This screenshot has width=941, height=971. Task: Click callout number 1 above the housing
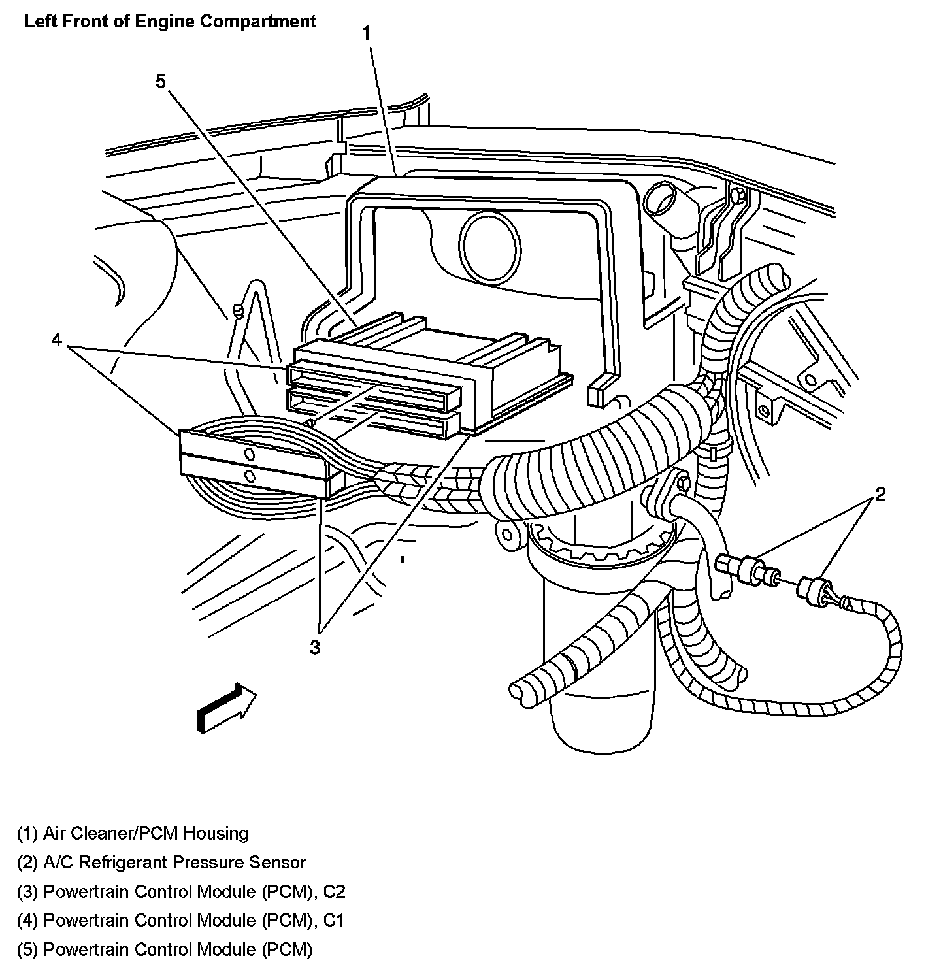point(366,34)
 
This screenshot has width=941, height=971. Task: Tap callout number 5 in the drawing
point(160,81)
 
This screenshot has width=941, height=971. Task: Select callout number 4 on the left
point(56,340)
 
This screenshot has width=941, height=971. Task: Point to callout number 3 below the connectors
point(314,648)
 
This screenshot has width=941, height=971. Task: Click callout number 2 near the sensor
point(881,494)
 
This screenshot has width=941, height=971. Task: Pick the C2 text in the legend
point(335,891)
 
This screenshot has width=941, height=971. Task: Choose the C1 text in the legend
point(334,920)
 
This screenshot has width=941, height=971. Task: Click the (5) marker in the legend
point(27,949)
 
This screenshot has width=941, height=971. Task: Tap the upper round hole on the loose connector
point(249,455)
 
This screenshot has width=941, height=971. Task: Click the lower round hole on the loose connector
point(250,476)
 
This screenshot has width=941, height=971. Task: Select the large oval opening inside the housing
point(489,245)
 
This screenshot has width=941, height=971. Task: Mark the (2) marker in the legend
point(27,863)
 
